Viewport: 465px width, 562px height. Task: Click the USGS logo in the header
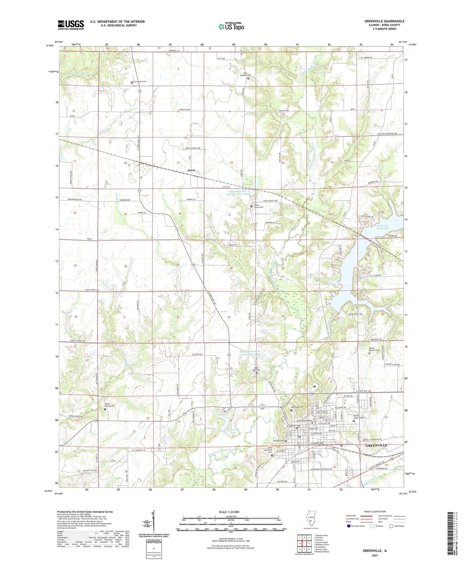click(x=71, y=24)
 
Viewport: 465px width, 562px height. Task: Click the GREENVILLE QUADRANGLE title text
click(x=384, y=21)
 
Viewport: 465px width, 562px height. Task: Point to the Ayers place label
click(x=191, y=170)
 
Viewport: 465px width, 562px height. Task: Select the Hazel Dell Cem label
click(x=256, y=370)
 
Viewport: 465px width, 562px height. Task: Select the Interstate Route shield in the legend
click(x=349, y=526)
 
